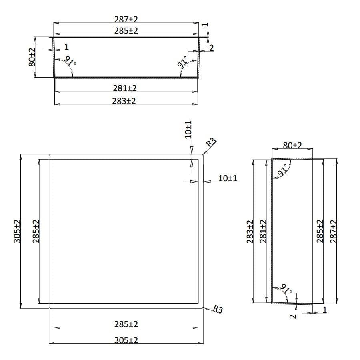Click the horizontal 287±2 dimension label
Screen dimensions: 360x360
pos(126,19)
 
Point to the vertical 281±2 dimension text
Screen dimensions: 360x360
pos(263,231)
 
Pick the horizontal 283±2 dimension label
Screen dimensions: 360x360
pos(124,101)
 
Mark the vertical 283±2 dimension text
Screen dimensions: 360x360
pos(250,231)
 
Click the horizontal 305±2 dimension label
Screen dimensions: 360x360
pos(126,340)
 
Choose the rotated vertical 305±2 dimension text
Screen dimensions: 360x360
pos(17,231)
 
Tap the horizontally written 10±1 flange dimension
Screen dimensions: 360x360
pos(228,178)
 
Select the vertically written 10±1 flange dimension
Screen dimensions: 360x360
pos(188,129)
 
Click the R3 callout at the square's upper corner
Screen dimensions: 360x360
pos(211,142)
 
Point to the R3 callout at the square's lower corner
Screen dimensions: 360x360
pos(218,309)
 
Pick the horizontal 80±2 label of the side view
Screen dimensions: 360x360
pos(292,146)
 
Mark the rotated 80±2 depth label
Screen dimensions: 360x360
pos(32,57)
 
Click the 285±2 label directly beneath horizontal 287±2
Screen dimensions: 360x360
pos(126,31)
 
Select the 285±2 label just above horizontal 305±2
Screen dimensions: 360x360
pos(126,324)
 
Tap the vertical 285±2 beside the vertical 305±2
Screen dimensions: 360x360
pos(36,231)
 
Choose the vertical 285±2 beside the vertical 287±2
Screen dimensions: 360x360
pos(319,231)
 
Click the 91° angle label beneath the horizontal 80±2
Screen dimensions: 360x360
pos(282,170)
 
